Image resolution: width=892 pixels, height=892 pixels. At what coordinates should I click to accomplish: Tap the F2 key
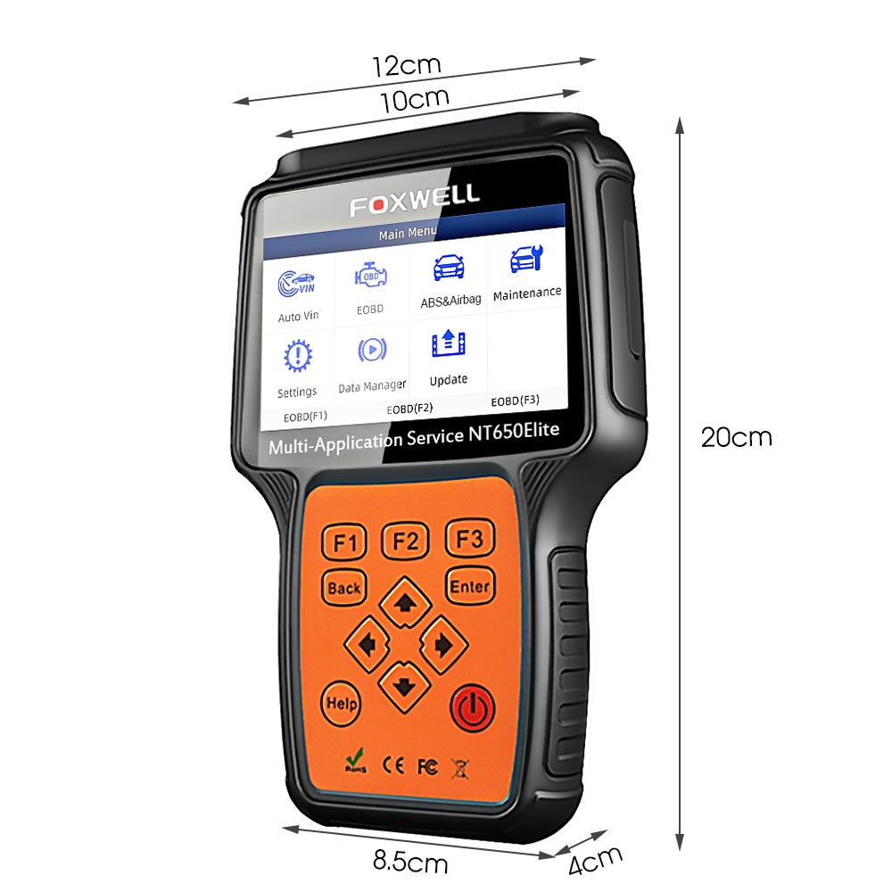404,541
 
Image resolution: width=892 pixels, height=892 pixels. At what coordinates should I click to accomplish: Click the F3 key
469,538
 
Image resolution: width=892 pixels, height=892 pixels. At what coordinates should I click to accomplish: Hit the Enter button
470,586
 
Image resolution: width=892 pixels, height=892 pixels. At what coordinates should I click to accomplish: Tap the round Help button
342,704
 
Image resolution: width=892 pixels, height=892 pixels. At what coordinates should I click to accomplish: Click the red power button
472,708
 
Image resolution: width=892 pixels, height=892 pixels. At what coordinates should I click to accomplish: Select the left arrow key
367,645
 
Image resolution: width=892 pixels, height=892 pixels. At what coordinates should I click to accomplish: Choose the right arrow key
443,645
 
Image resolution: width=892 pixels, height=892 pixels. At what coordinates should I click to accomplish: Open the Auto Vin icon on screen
296,284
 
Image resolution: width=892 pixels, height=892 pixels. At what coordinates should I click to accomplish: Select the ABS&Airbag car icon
449,267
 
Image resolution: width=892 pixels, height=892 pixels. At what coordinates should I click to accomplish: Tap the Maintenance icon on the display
526,259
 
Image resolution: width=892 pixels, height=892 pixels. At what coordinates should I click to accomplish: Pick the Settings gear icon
298,356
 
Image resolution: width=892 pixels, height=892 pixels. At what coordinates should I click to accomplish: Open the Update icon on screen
449,343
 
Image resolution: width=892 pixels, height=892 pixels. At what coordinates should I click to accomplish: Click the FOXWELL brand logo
415,200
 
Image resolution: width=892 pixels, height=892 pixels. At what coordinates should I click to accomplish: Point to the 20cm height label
736,437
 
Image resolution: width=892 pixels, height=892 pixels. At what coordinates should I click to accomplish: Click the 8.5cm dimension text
410,862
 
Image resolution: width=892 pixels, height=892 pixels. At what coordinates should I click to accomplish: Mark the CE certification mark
393,765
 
